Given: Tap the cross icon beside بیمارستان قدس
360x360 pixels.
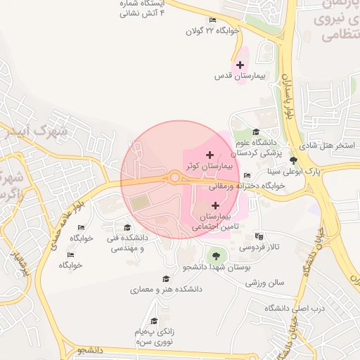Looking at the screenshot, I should tap(240, 65).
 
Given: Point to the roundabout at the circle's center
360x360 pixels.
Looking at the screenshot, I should tap(174, 178).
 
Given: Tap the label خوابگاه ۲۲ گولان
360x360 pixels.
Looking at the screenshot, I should tap(214, 31).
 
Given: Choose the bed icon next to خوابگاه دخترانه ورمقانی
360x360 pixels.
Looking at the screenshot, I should tap(246, 176).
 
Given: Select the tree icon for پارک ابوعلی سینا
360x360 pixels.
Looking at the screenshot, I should tap(293, 160).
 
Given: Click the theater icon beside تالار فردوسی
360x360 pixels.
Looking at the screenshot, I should tap(259, 236).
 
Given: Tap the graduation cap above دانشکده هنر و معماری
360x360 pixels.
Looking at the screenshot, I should tap(166, 279).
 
